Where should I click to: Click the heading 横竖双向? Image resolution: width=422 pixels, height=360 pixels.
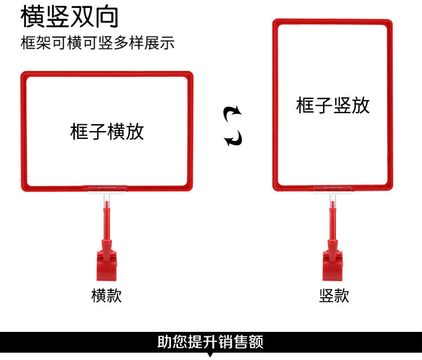pyautogui.click(x=70, y=17)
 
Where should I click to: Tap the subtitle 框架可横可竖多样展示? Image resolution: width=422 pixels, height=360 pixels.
pyautogui.click(x=97, y=43)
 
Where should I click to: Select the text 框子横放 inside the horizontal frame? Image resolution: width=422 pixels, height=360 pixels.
pyautogui.click(x=107, y=132)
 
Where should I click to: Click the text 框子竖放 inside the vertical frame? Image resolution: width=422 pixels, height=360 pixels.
pyautogui.click(x=333, y=105)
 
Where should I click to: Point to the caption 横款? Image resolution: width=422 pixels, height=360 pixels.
pyautogui.click(x=106, y=295)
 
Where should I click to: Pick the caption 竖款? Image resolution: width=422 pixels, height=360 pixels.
pyautogui.click(x=334, y=295)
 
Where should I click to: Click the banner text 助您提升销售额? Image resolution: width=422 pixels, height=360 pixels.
pyautogui.click(x=210, y=341)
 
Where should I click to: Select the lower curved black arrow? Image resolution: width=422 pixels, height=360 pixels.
pyautogui.click(x=232, y=138)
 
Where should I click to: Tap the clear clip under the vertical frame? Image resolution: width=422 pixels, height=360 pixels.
pyautogui.click(x=333, y=191)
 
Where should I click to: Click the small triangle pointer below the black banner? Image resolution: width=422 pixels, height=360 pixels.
pyautogui.click(x=210, y=355)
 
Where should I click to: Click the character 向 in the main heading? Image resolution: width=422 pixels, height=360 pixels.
pyautogui.click(x=107, y=17)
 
